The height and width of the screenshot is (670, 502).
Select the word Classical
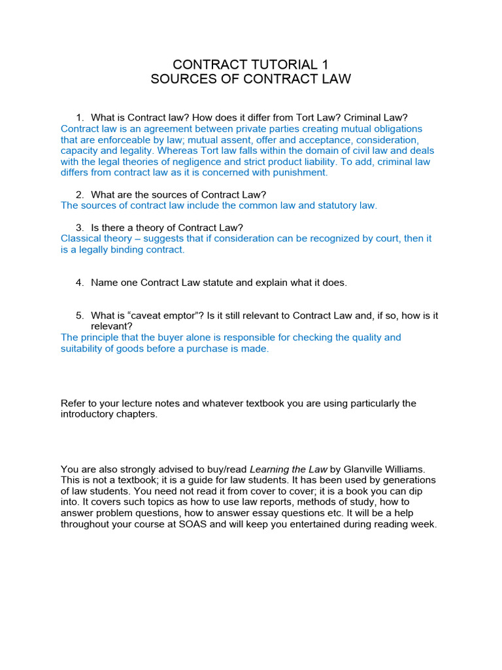tap(82, 238)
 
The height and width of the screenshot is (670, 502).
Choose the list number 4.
tap(79, 283)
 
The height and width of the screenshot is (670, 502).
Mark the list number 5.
tap(79, 315)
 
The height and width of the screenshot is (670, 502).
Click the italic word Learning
tap(270, 469)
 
